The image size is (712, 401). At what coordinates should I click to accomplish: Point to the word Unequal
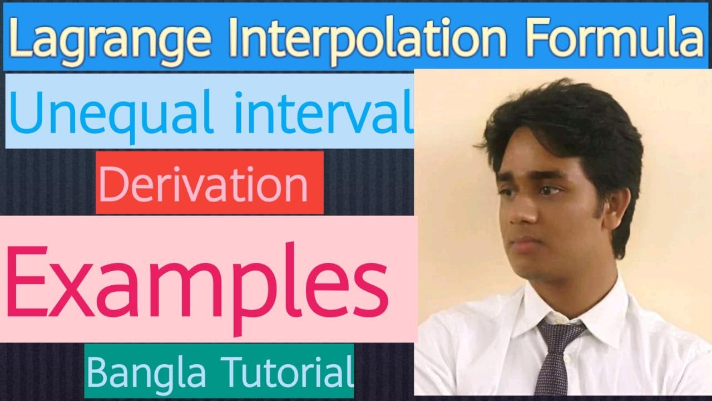point(108,111)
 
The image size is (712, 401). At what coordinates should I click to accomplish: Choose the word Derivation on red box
point(203,184)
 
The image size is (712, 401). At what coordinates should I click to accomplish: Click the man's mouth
point(528,241)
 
